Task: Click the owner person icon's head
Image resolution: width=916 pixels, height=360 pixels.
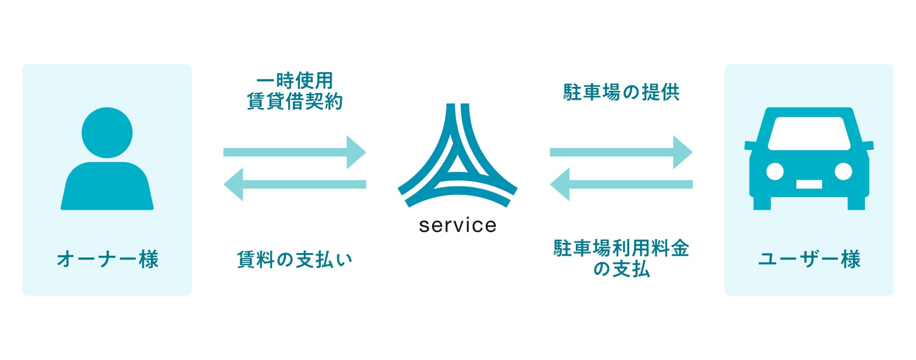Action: (107, 133)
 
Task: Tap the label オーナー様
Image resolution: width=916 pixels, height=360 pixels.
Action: (107, 259)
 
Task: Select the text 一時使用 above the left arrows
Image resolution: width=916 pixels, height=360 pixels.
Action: (295, 81)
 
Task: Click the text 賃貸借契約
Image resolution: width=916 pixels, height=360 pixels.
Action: (295, 101)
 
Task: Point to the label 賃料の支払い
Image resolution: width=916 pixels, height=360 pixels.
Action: (294, 260)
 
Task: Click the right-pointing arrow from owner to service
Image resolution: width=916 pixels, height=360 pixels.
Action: (294, 152)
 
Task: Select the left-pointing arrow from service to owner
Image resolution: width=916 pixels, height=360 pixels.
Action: (294, 184)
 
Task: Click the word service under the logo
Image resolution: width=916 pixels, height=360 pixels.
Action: (457, 226)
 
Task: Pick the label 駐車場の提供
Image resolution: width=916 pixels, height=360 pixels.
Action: (621, 92)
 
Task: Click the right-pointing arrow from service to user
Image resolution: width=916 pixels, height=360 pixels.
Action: (621, 152)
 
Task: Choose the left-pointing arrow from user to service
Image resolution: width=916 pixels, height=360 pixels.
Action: (621, 184)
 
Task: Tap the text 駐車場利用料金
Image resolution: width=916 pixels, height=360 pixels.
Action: (621, 248)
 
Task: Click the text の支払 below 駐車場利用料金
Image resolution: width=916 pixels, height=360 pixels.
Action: (621, 269)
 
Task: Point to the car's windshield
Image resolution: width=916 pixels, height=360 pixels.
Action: (809, 134)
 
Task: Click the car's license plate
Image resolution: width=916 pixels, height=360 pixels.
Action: (809, 184)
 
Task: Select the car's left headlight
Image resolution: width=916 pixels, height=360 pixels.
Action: (775, 171)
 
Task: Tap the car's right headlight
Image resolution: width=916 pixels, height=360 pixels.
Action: (843, 171)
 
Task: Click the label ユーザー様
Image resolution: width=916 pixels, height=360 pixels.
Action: (809, 259)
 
